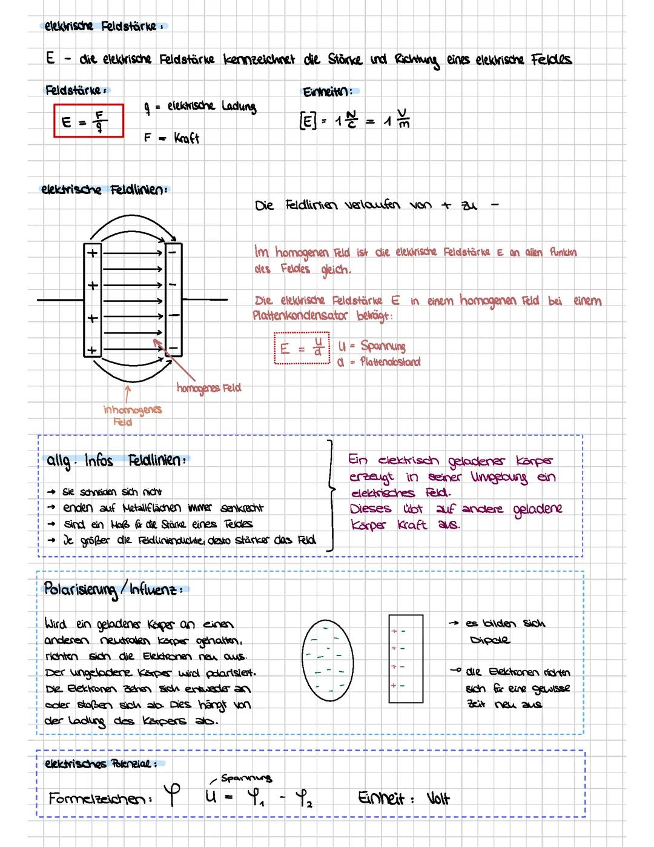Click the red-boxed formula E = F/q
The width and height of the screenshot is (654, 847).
(88, 121)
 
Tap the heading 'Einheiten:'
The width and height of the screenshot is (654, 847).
(327, 92)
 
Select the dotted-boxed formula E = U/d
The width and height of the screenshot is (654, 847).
(302, 348)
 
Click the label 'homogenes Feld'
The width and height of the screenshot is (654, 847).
(208, 387)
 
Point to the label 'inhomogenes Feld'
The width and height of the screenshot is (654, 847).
(132, 415)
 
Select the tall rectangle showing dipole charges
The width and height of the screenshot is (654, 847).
(406, 658)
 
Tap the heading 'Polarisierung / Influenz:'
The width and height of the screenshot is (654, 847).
(113, 589)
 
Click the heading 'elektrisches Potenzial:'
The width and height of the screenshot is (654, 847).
(101, 763)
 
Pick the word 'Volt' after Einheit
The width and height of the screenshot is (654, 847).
(438, 798)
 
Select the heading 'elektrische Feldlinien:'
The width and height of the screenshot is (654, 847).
(103, 190)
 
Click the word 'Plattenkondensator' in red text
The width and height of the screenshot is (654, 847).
(300, 315)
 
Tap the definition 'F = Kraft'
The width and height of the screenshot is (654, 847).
(171, 138)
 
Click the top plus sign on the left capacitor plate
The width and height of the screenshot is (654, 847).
(92, 253)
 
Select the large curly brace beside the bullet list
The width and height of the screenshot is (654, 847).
(330, 495)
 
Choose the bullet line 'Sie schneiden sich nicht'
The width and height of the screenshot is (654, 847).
(112, 492)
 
